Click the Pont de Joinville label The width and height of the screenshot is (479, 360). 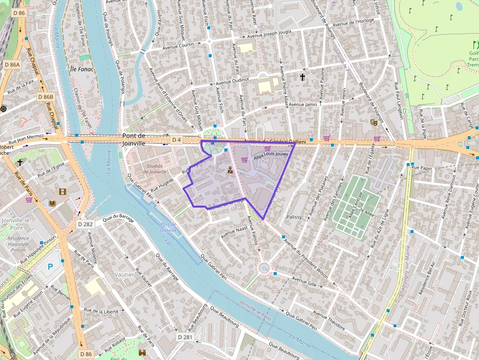134,140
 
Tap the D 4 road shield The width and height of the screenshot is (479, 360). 176,140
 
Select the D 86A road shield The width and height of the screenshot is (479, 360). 12,64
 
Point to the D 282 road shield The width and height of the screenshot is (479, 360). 86,224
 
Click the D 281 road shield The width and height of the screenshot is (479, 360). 185,337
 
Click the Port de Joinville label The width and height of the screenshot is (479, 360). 168,227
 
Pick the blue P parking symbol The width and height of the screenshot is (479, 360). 50,267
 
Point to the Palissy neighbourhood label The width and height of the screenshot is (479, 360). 294,216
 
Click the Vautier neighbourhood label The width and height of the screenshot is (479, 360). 124,275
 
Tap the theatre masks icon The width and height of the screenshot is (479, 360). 373,122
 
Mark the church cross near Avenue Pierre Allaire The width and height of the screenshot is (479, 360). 303,77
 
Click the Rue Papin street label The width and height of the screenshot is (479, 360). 422,168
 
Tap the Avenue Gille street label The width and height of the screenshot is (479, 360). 305,282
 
